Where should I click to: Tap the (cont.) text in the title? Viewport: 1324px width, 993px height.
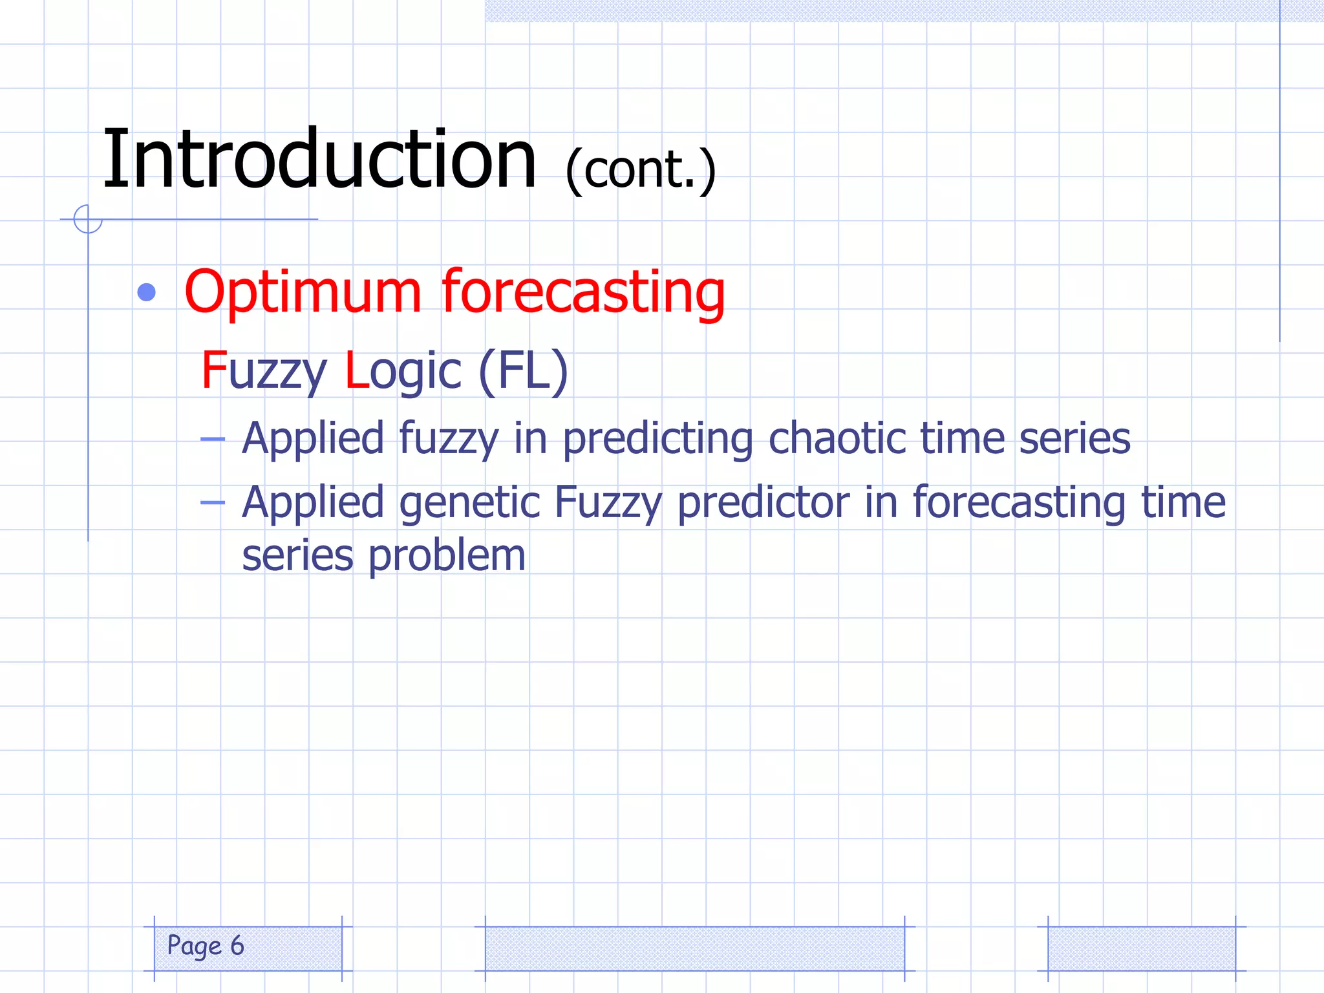tap(640, 169)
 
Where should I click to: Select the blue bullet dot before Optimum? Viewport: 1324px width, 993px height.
tap(147, 292)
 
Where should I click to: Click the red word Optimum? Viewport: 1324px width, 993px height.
tap(303, 292)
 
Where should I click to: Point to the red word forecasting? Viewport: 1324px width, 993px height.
tap(583, 292)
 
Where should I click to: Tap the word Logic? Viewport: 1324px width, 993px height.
tap(403, 371)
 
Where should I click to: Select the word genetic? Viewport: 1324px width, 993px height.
tap(469, 503)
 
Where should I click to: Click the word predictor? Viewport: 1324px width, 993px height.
tap(763, 503)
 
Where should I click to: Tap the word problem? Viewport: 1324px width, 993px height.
tap(447, 556)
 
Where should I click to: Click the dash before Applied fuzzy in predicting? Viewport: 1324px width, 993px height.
tap(212, 440)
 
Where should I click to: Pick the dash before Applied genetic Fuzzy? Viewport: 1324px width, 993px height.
tap(212, 503)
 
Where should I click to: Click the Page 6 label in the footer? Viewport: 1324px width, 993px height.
tap(206, 946)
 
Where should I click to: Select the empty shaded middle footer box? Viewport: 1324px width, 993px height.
tap(694, 948)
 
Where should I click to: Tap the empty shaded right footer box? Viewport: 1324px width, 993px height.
tap(1141, 948)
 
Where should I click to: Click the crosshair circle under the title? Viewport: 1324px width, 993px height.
tap(88, 219)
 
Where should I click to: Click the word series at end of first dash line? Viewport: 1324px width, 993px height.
tap(1074, 438)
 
